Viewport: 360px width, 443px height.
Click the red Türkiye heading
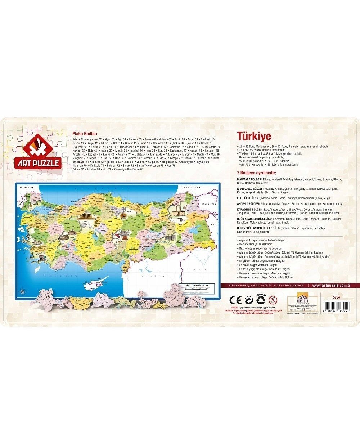click(x=254, y=136)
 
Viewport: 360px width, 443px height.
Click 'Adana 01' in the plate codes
click(x=78, y=139)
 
